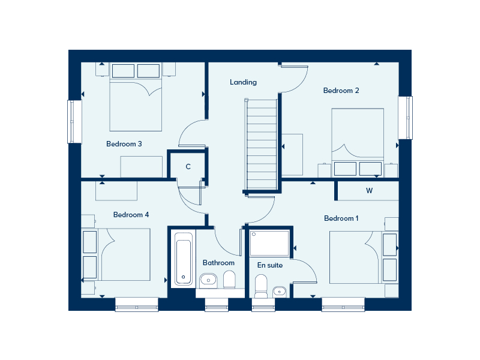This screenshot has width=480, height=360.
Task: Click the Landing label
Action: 243,82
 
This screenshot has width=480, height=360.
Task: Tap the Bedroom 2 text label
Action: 341,91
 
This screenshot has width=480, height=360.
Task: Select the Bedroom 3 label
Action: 124,144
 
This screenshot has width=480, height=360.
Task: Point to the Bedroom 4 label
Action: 131,215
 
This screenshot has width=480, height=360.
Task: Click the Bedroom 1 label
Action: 341,218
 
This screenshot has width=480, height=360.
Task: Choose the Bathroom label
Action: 218,263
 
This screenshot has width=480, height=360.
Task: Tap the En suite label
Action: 269,265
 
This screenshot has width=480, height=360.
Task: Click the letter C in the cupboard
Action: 188,167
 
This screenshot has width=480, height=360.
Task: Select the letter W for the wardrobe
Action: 369,191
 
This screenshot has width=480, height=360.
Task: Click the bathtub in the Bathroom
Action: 184,259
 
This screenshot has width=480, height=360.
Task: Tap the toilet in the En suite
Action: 261,286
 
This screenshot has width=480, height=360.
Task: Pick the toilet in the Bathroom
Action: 229,281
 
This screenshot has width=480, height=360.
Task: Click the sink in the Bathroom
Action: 208,280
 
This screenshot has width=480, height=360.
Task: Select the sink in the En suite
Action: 279,292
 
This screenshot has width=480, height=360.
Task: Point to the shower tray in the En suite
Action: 269,244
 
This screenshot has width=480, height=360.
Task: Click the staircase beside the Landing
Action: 262,145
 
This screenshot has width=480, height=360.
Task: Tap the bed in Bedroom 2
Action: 358,143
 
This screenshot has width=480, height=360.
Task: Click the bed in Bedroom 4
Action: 116,254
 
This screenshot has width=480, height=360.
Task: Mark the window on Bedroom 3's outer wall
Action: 74,122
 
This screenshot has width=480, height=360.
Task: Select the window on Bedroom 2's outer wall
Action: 406,118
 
